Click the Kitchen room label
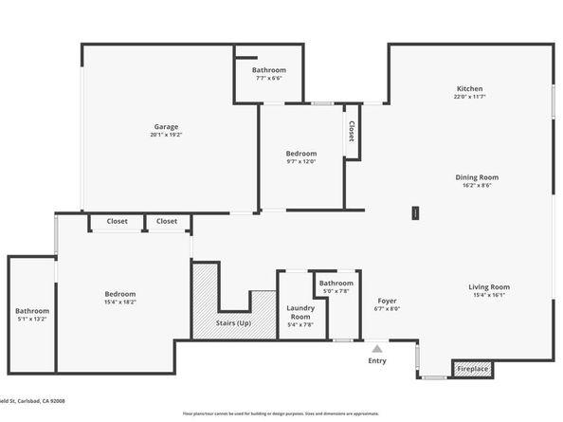(x=470, y=89)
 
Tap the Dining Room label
(x=480, y=176)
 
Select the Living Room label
(x=488, y=286)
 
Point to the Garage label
(x=167, y=126)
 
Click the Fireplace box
(x=471, y=367)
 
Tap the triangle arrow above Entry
(x=377, y=349)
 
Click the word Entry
(x=377, y=361)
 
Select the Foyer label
(x=388, y=300)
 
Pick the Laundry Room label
(x=300, y=311)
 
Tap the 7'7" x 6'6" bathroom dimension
(x=269, y=78)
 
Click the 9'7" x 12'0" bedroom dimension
(x=300, y=161)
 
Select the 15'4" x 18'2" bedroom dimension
(x=119, y=302)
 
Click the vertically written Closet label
(x=352, y=131)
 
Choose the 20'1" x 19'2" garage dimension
(x=167, y=135)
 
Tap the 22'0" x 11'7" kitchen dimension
(x=470, y=97)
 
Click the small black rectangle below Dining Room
(x=414, y=213)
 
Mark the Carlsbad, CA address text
(x=38, y=401)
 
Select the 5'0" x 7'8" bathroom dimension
(x=336, y=291)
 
